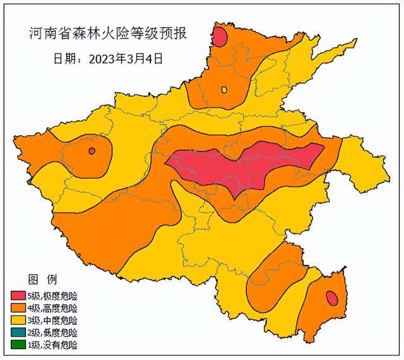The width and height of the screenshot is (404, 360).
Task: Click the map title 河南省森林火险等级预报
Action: [x=108, y=32]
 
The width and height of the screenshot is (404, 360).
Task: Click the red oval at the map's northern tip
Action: [x=219, y=37]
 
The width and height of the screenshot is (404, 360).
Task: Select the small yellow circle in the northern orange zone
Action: [x=224, y=90]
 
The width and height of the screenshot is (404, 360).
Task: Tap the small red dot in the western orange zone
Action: [x=92, y=151]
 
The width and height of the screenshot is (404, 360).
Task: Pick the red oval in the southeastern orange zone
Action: [x=331, y=298]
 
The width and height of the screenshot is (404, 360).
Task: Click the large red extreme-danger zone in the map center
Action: [x=246, y=167]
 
